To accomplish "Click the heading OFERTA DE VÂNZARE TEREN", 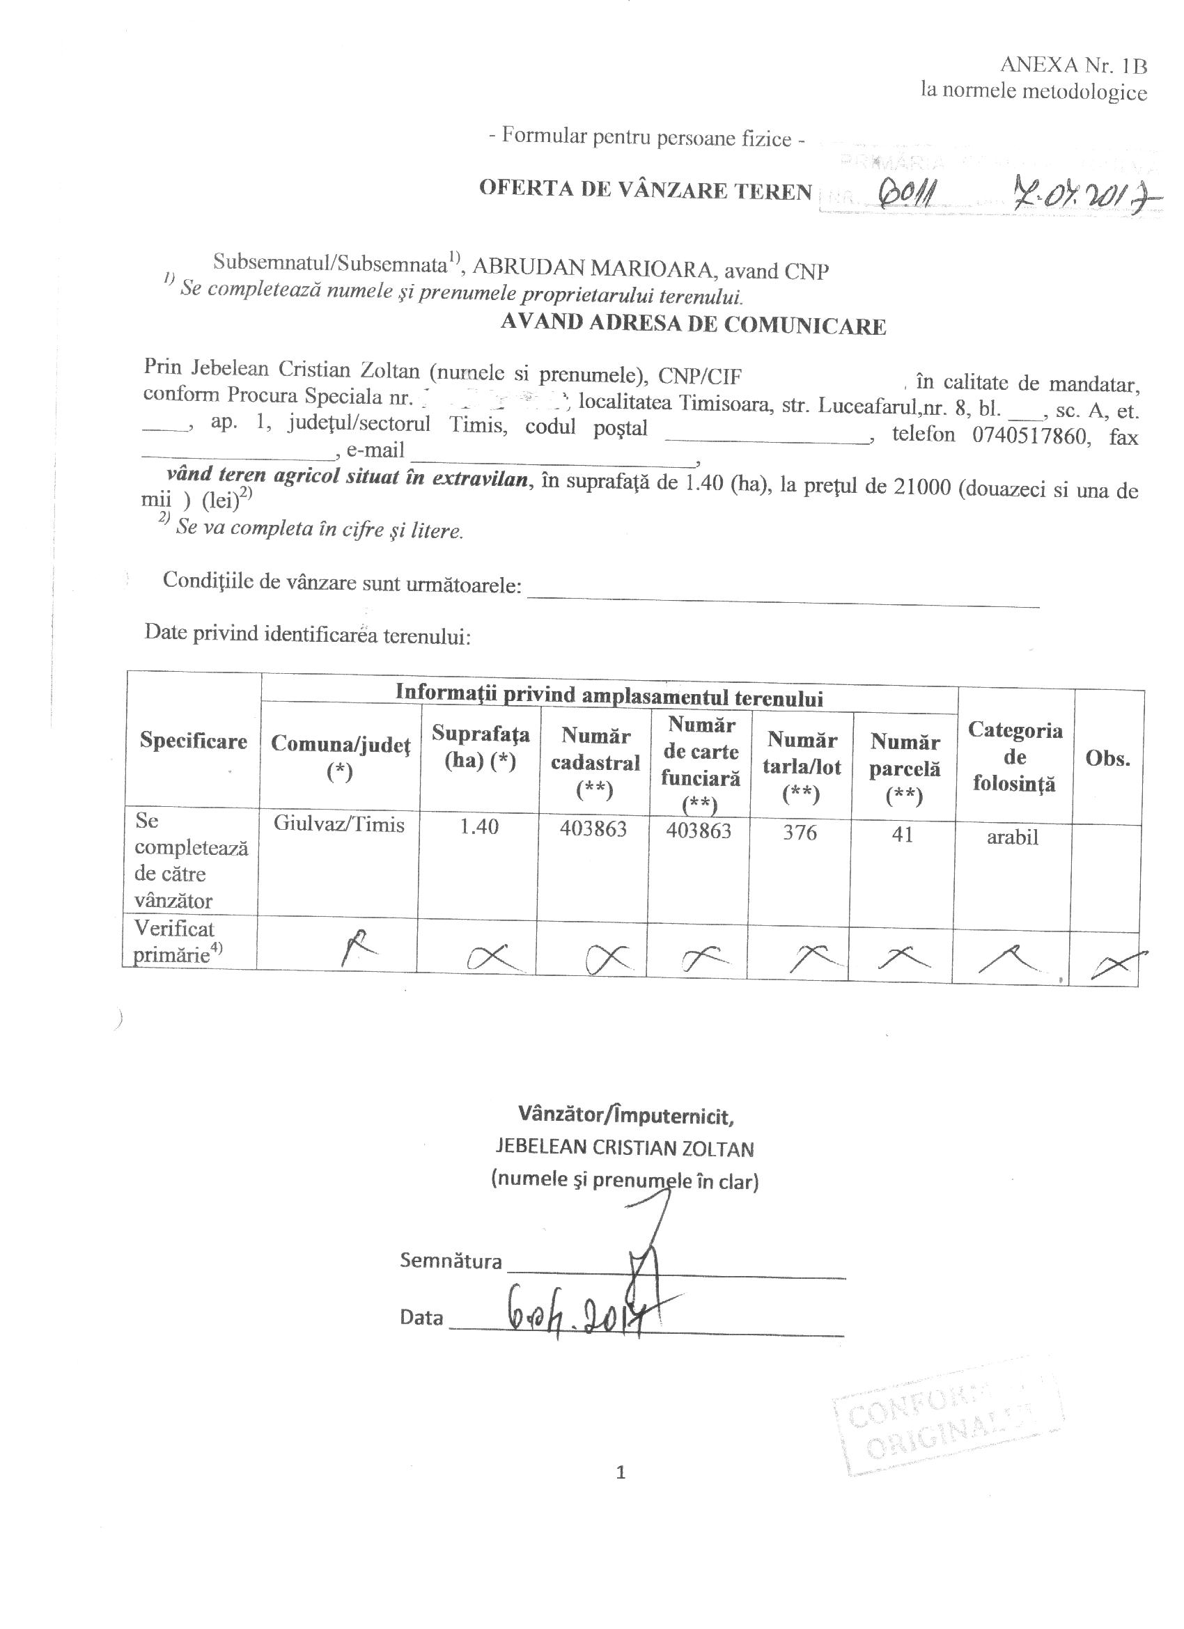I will click(645, 189).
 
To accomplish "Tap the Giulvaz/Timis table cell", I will click(338, 824).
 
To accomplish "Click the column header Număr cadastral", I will click(595, 762).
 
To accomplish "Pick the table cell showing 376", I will click(800, 833).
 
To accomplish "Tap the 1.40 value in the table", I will click(478, 827).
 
